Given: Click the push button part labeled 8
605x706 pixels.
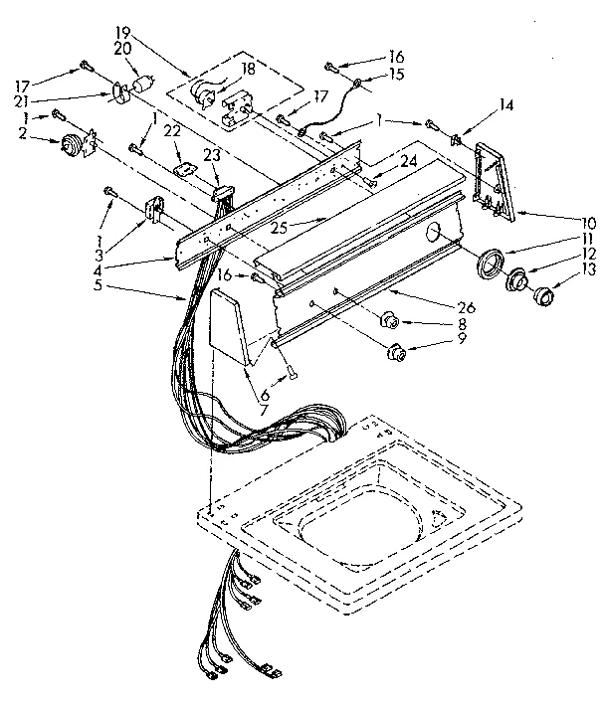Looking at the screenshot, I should pyautogui.click(x=390, y=321).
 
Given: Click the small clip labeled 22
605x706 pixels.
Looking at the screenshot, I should pyautogui.click(x=183, y=170).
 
